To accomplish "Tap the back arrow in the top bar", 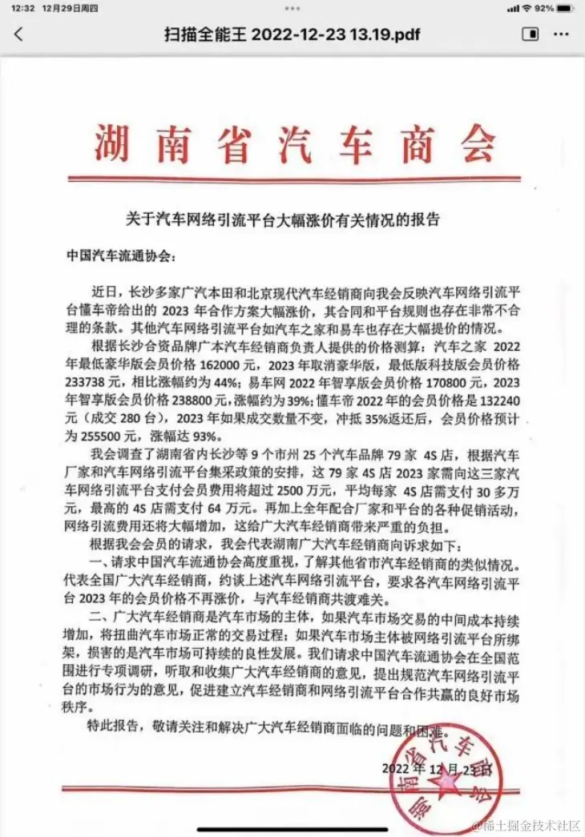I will coord(18,34).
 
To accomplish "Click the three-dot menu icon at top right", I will coord(561,34).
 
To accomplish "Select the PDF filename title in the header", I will coord(292,34).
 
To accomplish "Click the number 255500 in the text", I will coord(104,435).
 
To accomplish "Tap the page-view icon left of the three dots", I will coord(530,34).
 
